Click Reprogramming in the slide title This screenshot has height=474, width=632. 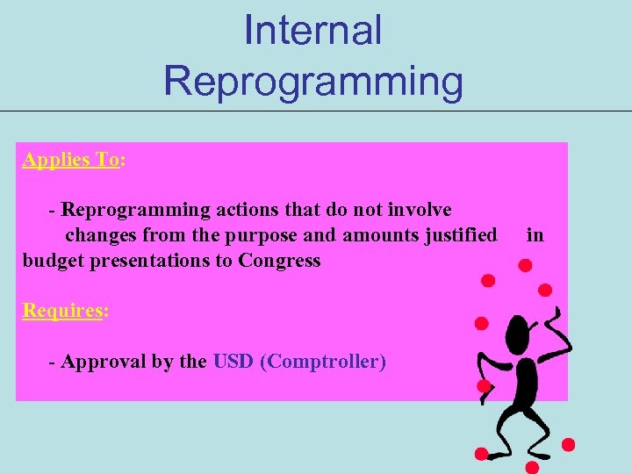point(312,81)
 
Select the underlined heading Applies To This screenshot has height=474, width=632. point(71,160)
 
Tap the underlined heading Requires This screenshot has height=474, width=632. point(62,311)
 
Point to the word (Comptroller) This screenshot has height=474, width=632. point(323,362)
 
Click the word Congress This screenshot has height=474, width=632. point(279,261)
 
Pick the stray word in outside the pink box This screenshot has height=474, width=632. point(535,235)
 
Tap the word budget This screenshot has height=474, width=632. point(52,261)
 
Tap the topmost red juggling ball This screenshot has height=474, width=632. point(524,264)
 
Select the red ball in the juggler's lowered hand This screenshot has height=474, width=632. point(484,385)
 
